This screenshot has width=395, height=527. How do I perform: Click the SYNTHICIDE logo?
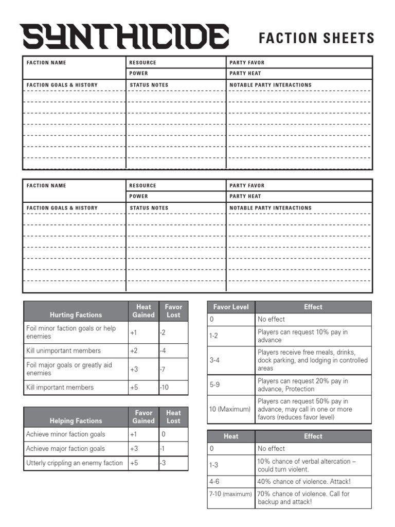[125, 37]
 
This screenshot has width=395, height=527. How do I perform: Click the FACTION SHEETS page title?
[316, 38]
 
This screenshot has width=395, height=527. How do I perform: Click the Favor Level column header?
[231, 307]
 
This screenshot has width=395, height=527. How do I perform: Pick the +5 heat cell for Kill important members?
[143, 387]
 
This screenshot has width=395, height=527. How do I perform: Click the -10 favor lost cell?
[173, 387]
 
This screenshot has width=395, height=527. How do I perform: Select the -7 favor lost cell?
[173, 369]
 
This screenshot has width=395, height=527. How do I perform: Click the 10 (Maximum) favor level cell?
[231, 409]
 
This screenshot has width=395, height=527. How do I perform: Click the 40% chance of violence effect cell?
[313, 482]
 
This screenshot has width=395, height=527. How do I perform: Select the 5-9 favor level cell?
[231, 385]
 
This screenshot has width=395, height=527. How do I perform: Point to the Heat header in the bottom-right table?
[231, 436]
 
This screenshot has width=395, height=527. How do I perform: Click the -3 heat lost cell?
[173, 463]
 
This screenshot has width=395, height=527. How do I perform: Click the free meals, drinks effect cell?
[313, 360]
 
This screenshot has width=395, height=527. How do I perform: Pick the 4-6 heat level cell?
[231, 482]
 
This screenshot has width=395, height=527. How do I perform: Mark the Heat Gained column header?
[143, 311]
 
